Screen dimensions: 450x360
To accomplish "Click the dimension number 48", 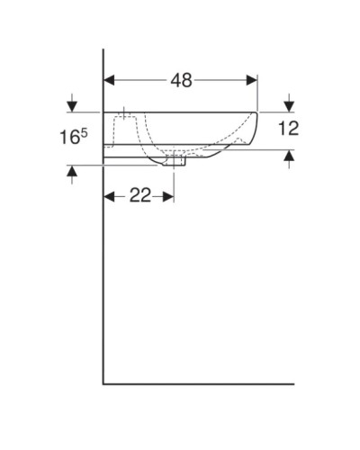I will tap(181, 80).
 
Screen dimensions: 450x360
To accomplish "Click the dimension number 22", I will tap(139, 195).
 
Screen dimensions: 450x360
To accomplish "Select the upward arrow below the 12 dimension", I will tap(290, 158).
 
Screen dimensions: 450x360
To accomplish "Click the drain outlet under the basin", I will tap(175, 162).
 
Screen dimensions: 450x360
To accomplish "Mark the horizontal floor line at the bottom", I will tap(225, 382).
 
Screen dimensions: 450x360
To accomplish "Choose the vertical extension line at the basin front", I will tap(258, 90).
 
